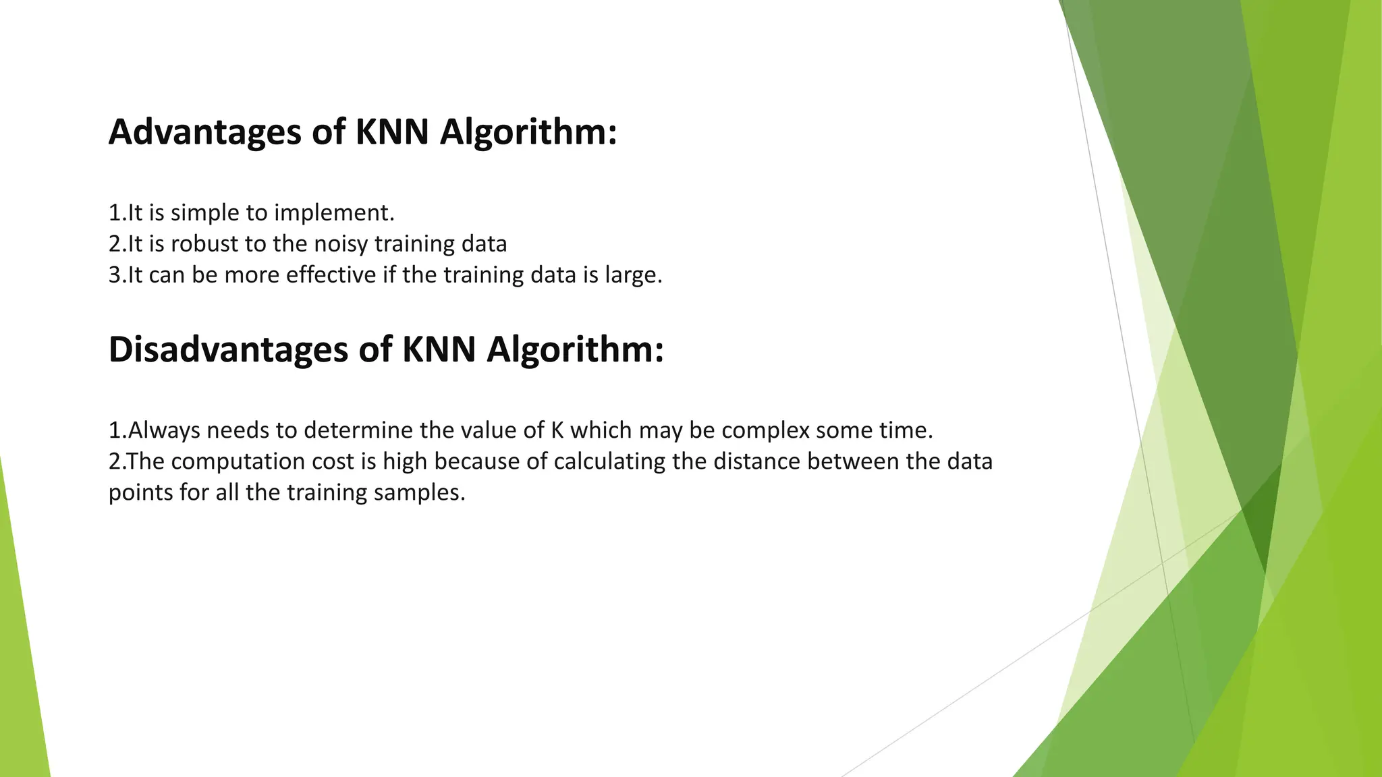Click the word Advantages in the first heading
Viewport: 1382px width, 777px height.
click(204, 132)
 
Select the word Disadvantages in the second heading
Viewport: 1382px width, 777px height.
click(227, 350)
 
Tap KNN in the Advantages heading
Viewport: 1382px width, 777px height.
click(392, 132)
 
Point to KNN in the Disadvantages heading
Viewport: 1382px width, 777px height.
click(439, 349)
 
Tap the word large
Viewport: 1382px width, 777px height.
click(634, 276)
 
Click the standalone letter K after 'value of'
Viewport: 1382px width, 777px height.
click(557, 430)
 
